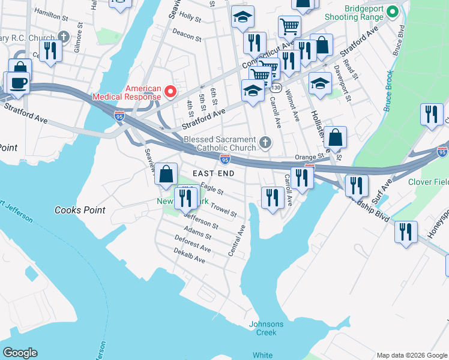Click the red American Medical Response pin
click(170, 92)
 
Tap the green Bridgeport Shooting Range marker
click(393, 11)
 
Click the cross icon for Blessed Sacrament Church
click(265, 143)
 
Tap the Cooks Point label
click(80, 210)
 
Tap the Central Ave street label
click(237, 240)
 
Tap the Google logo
click(20, 353)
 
